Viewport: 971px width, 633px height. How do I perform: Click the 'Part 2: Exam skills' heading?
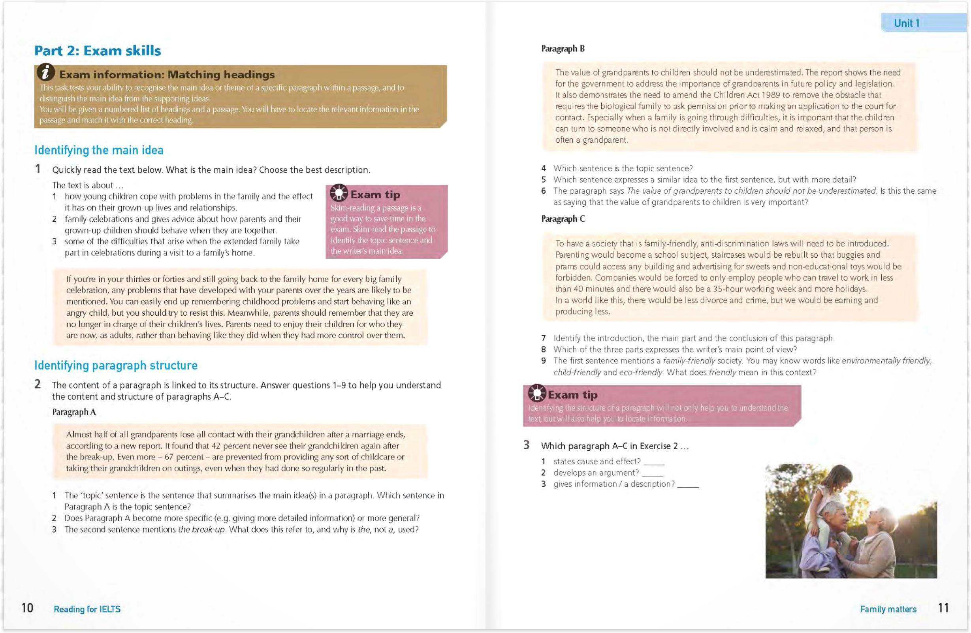(98, 51)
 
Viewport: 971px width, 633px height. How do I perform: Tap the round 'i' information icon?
(46, 72)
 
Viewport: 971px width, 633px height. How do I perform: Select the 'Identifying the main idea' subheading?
(99, 150)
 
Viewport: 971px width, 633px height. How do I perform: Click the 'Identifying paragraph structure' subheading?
(116, 365)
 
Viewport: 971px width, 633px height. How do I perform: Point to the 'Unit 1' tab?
(907, 23)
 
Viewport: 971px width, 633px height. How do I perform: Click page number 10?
(27, 608)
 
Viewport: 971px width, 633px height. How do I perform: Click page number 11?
(943, 608)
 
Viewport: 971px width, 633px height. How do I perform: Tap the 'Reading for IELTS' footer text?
(87, 609)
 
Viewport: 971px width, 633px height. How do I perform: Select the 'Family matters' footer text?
(888, 609)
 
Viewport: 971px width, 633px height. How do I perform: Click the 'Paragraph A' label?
(74, 412)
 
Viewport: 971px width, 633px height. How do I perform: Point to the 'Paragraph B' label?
(563, 49)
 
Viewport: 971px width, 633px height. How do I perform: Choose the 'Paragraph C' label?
(563, 219)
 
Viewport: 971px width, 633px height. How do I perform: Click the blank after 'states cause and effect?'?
(654, 462)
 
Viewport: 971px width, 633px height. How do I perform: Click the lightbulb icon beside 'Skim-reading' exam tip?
(339, 193)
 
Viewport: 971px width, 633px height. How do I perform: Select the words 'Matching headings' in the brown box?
(221, 75)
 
